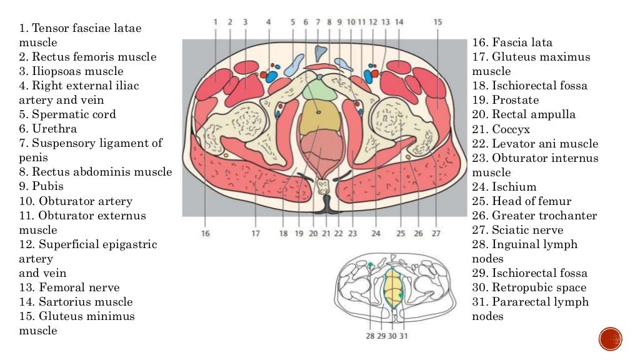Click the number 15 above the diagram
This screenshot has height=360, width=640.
[437, 21]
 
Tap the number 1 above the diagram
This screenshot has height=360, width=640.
[215, 21]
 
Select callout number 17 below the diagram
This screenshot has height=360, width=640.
[256, 233]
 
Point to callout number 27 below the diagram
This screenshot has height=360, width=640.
[436, 233]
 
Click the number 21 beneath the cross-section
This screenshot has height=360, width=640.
[326, 233]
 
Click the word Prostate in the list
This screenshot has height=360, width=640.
[515, 100]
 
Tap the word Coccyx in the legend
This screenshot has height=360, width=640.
[511, 129]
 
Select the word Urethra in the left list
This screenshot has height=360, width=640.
[56, 129]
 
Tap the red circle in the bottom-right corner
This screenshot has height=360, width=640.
[610, 339]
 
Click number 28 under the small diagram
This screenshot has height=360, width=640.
[370, 336]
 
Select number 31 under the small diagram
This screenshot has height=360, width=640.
[404, 336]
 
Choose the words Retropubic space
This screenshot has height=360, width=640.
[539, 287]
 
